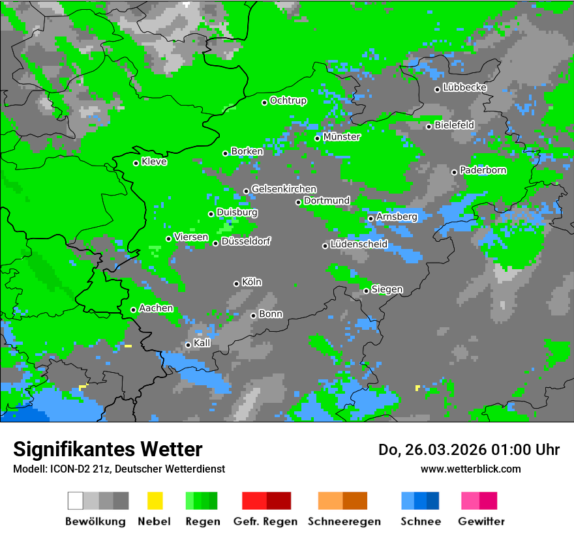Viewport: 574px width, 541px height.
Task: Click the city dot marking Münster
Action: (x=318, y=138)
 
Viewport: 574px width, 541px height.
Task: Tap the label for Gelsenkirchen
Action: (x=284, y=189)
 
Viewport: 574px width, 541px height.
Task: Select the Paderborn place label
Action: (x=483, y=170)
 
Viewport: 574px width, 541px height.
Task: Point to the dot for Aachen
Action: (x=134, y=310)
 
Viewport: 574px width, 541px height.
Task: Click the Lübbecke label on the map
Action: (x=465, y=87)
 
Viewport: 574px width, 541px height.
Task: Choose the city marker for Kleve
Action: (x=136, y=163)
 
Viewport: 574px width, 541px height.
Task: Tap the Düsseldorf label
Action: (x=246, y=241)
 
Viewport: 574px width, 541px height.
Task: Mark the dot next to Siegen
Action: (x=367, y=291)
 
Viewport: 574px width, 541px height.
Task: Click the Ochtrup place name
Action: (x=288, y=100)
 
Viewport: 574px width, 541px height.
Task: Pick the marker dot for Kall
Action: (x=189, y=345)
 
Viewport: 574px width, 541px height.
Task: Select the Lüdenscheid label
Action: (x=359, y=244)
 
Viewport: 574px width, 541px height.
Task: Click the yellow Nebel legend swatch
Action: (x=155, y=501)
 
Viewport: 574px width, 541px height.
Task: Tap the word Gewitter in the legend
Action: (x=481, y=521)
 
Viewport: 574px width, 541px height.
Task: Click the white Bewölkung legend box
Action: (x=76, y=501)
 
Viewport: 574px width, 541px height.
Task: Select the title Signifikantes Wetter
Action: (x=108, y=449)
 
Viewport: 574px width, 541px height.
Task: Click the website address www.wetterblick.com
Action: (x=471, y=469)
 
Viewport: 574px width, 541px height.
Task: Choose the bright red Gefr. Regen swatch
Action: (x=254, y=501)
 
